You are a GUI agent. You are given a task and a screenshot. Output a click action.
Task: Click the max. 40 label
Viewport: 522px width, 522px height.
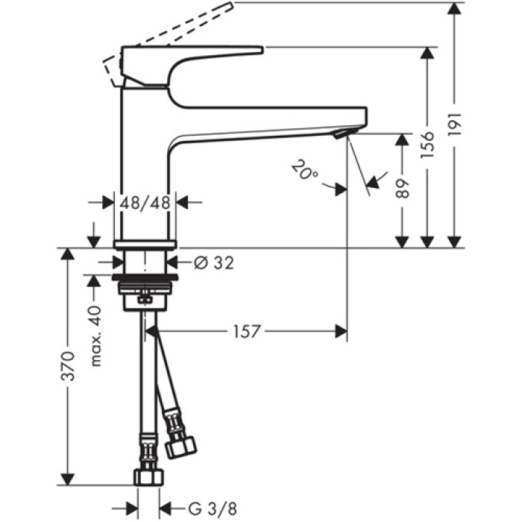pos(95,336)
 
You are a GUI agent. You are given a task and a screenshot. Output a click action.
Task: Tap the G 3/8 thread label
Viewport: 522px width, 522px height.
pos(203,510)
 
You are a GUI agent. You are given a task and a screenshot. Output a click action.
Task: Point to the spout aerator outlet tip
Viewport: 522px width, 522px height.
pos(340,134)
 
